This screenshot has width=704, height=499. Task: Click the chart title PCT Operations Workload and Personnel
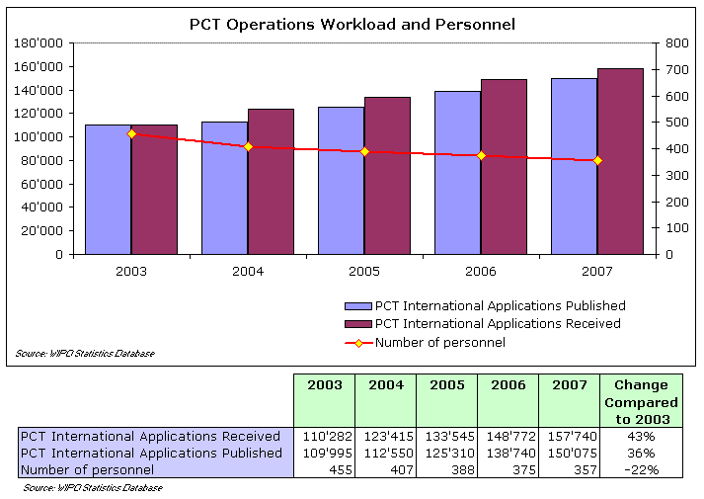tap(352, 24)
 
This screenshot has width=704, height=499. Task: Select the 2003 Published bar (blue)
tap(108, 189)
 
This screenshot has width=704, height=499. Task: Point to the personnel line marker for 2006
tap(481, 155)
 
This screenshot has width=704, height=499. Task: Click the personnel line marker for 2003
tap(131, 133)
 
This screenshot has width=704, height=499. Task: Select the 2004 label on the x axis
tap(248, 271)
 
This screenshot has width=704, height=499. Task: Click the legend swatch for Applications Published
tap(356, 306)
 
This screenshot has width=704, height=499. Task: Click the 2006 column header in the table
tap(508, 385)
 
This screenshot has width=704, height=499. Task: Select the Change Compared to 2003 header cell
tap(641, 402)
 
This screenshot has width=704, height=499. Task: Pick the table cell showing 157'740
tap(571, 436)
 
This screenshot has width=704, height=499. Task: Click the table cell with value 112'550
tap(387, 453)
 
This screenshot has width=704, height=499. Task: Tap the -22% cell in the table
tap(641, 469)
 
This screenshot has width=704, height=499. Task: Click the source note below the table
tap(93, 487)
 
